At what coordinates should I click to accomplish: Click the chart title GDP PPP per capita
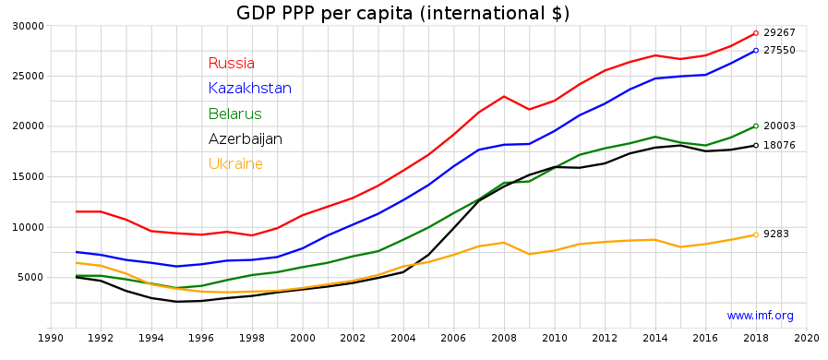pos(403,13)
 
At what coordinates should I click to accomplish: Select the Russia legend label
pos(232,64)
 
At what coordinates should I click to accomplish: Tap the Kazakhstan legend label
pos(250,88)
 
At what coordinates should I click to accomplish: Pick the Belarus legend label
pos(235,114)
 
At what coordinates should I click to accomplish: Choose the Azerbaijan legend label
pos(245,138)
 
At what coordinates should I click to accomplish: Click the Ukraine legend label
pos(235,163)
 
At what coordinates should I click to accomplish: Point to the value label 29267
pos(779,32)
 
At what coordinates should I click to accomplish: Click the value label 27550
pos(779,51)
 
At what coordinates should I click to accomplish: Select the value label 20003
pos(779,126)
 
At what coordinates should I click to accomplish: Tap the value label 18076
pos(779,145)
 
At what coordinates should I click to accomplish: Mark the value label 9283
pos(776,234)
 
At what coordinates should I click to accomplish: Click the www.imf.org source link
pos(760,317)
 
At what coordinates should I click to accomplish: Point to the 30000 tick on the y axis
pos(29,26)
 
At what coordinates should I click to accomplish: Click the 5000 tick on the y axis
pos(32,278)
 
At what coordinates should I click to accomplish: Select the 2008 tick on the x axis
pos(504,339)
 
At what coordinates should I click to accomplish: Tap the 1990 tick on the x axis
pos(51,339)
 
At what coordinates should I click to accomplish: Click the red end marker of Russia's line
pos(756,33)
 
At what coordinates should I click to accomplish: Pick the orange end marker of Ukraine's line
pos(756,234)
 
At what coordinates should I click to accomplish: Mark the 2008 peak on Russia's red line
pos(504,96)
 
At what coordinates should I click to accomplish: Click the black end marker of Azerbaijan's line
pos(756,145)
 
